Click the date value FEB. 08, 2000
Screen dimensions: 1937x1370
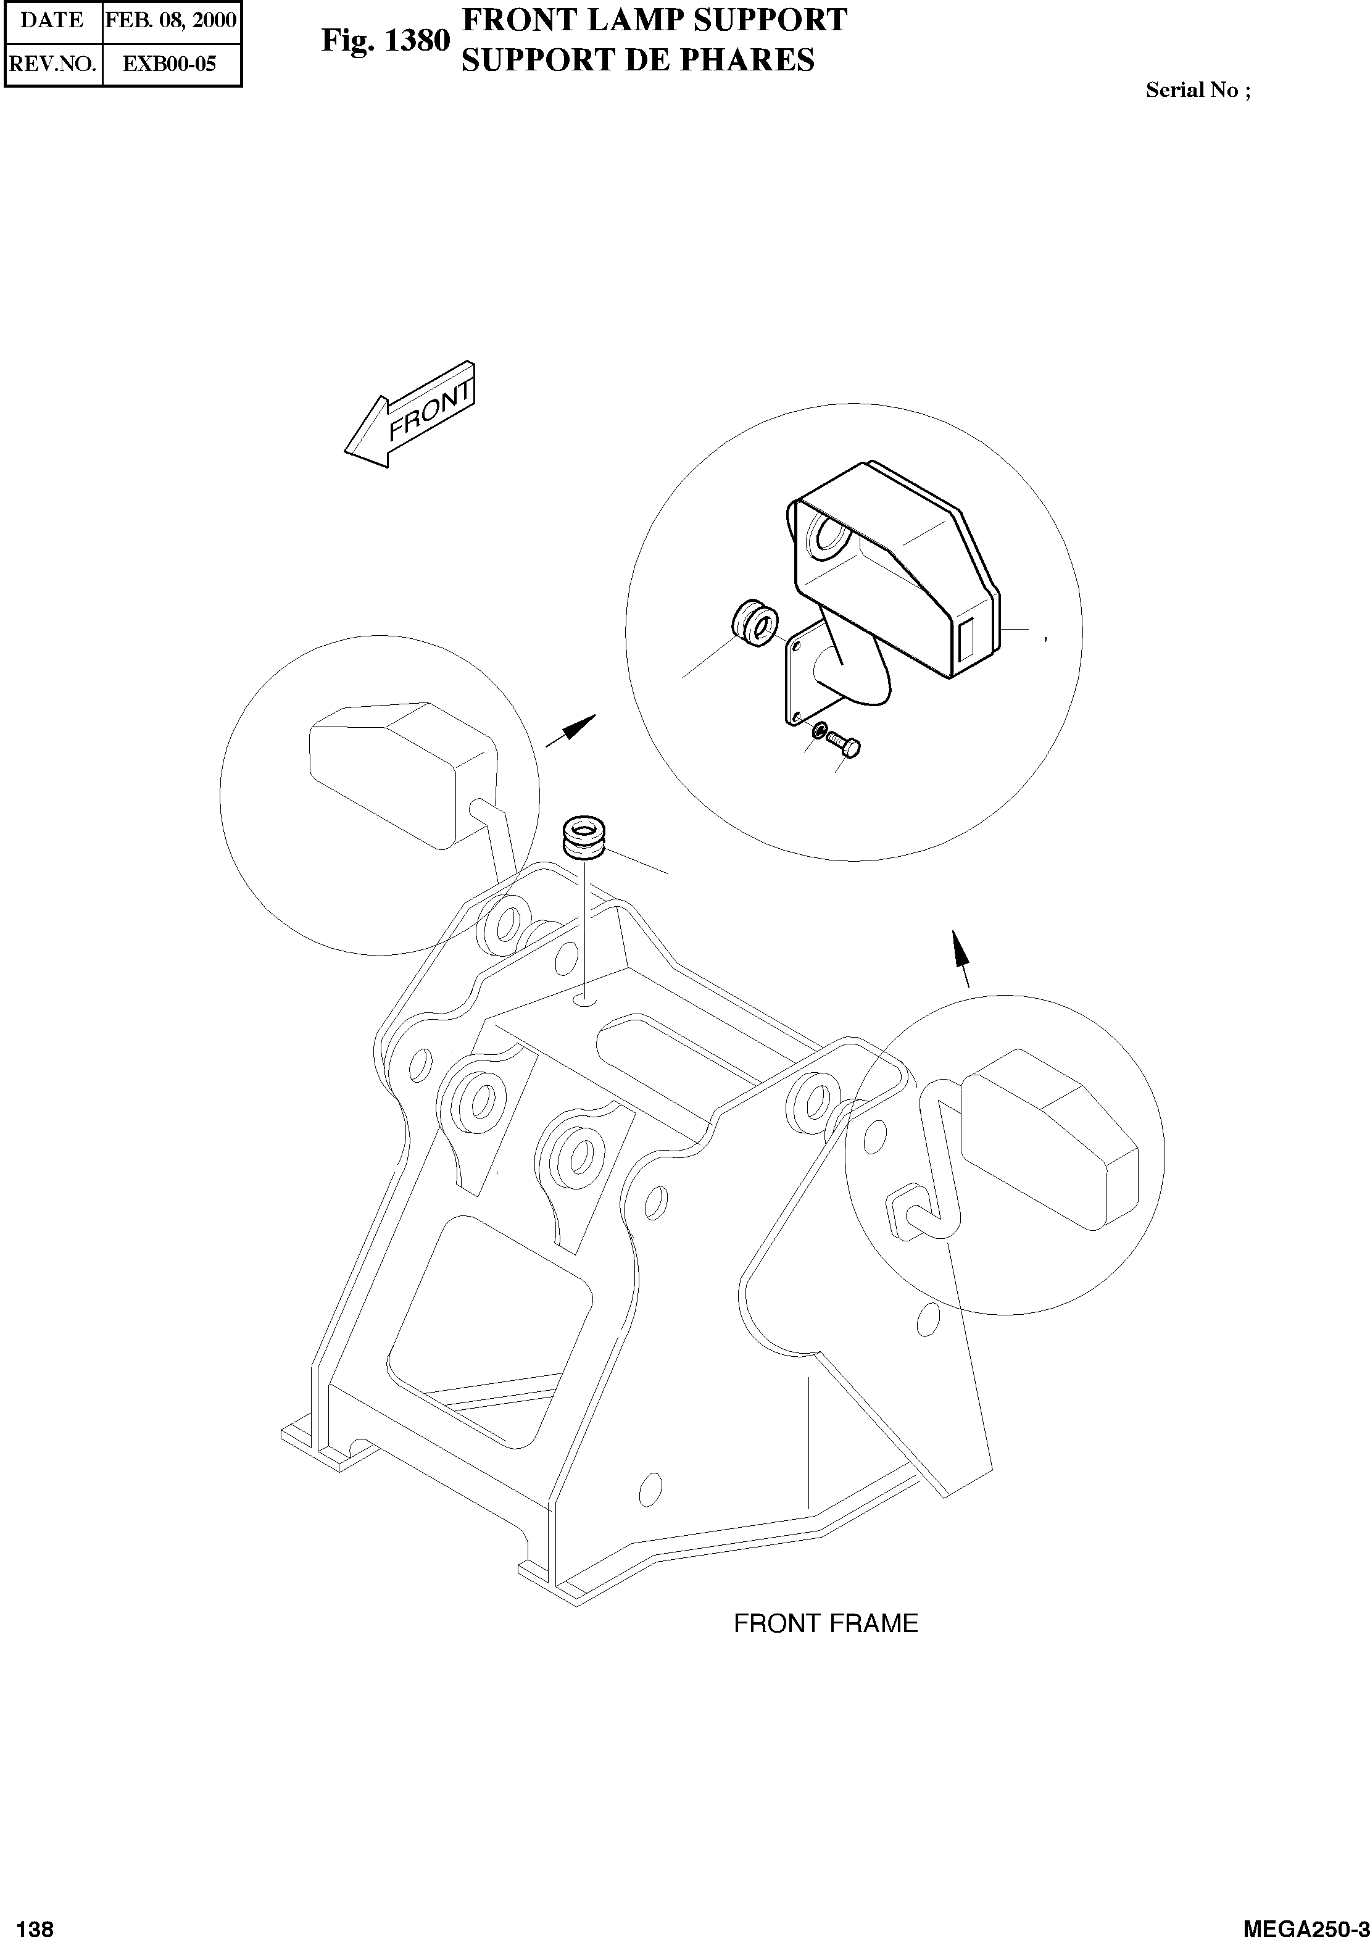tap(172, 20)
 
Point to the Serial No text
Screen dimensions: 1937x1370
tap(1198, 91)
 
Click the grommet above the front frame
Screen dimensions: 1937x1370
tap(586, 837)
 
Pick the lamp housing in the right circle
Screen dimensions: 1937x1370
tap(1051, 1135)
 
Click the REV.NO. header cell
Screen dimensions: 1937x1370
tap(52, 64)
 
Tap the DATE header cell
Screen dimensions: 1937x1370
tap(52, 20)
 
